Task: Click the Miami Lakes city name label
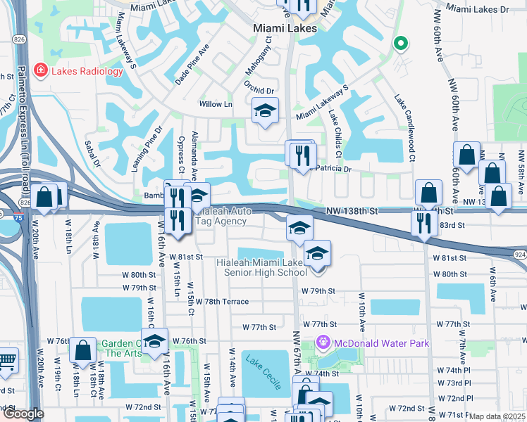pos(285,28)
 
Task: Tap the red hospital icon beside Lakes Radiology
pos(40,70)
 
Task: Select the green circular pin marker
pos(400,44)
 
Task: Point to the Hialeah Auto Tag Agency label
pos(221,216)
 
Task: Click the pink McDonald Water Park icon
pos(323,343)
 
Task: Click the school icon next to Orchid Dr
pos(266,110)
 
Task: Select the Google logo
pos(23,414)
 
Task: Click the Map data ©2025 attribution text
pos(497,416)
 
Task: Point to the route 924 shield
pos(520,254)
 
